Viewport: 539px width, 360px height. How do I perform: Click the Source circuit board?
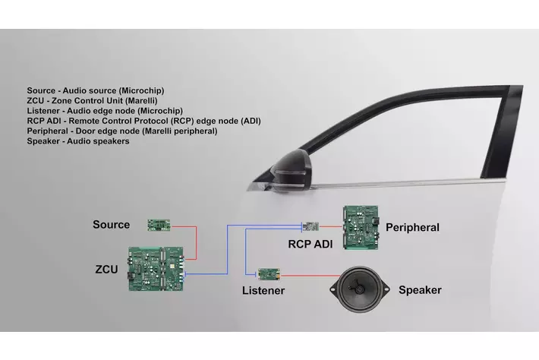(159, 225)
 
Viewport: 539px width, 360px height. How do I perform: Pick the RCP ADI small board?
(310, 226)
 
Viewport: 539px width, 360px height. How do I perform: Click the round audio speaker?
(360, 289)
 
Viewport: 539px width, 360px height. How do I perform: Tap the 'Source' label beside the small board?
(111, 225)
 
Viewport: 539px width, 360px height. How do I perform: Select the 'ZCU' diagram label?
(106, 268)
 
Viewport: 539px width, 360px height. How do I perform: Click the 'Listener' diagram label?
(263, 291)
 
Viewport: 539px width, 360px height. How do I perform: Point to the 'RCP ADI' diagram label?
(310, 245)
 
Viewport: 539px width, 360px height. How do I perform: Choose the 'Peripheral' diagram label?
(412, 227)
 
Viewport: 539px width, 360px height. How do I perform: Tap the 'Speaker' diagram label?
(420, 290)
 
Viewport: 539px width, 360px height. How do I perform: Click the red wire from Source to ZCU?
(195, 239)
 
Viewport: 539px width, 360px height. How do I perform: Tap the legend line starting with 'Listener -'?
(99, 111)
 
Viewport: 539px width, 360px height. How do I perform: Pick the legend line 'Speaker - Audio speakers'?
(77, 141)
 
